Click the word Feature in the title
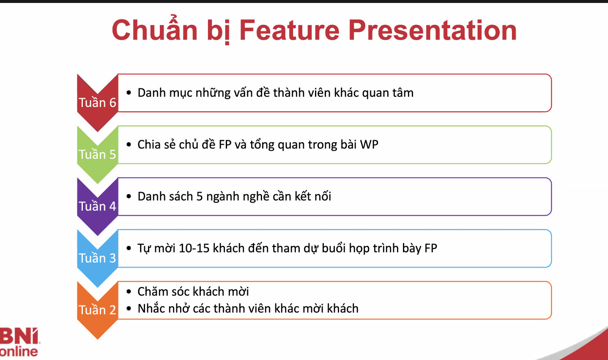point(289,30)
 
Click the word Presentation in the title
point(433,30)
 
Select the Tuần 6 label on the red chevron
point(97,103)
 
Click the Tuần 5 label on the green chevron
point(97,154)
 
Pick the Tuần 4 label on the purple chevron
point(97,206)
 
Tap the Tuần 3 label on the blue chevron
point(97,258)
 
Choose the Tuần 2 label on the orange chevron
point(97,310)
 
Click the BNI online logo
point(19,342)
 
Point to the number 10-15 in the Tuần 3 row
point(194,248)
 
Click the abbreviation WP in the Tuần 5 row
point(369,144)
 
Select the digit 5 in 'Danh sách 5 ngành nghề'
point(200,197)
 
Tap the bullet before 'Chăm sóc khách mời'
point(129,292)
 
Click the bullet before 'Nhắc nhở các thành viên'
point(129,309)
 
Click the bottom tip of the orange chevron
point(97,339)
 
